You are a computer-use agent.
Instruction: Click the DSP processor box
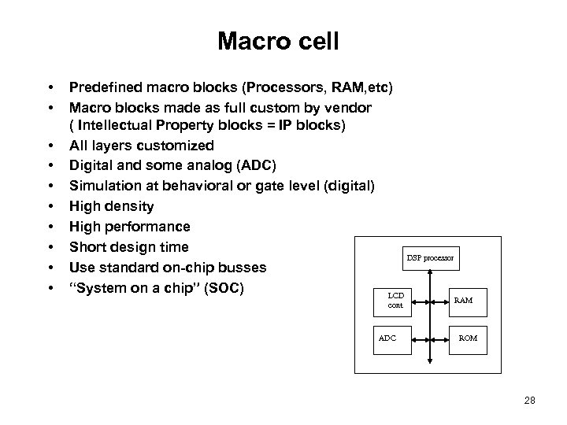click(429, 257)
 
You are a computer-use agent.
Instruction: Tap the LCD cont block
click(396, 300)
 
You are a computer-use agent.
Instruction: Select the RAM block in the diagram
click(463, 300)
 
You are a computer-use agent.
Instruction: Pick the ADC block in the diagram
click(387, 338)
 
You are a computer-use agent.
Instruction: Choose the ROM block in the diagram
click(469, 338)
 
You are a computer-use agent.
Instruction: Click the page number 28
click(529, 401)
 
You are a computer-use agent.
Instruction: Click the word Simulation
click(103, 187)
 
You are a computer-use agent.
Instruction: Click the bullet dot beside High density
click(50, 207)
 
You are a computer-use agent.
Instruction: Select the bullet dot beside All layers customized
click(50, 146)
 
